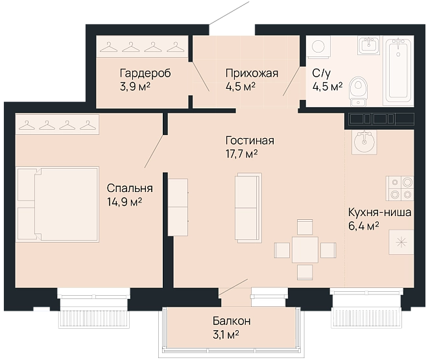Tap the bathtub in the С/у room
[x=398, y=71]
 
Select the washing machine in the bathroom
[x=318, y=46]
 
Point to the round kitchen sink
[x=364, y=141]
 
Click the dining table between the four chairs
[x=305, y=250]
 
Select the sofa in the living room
[x=248, y=208]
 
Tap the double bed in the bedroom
[x=57, y=204]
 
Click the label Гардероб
[x=145, y=73]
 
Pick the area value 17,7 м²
[x=242, y=154]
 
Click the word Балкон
[x=232, y=321]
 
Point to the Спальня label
[x=130, y=189]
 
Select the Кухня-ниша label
[x=379, y=212]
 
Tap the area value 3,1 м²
[x=226, y=335]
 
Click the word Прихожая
[x=252, y=73]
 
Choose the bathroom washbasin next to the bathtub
[x=369, y=45]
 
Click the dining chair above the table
[x=305, y=227]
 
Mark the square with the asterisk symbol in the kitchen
[x=401, y=242]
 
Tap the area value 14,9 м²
[x=125, y=202]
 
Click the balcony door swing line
[x=233, y=287]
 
